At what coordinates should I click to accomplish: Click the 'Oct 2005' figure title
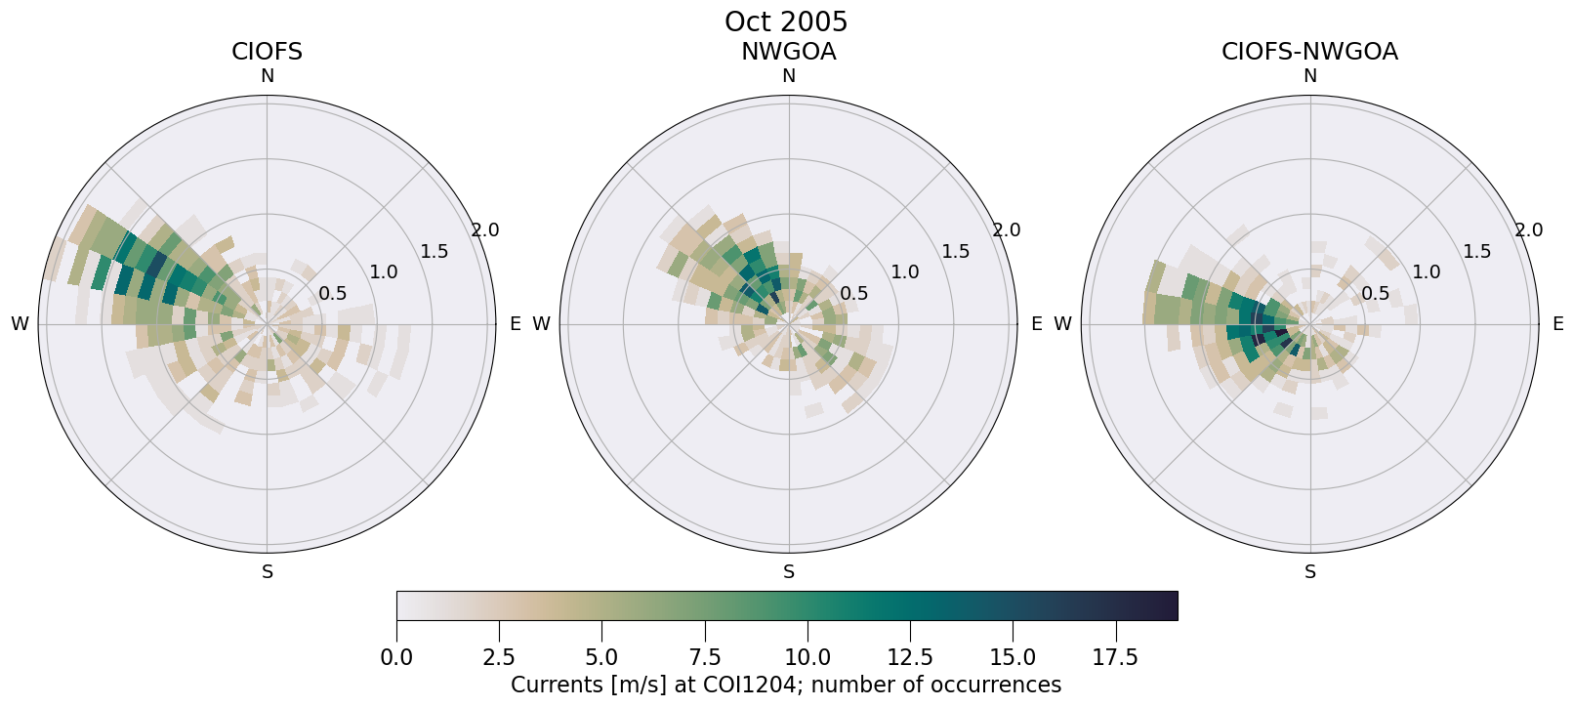[786, 21]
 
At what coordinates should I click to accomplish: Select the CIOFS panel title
[267, 52]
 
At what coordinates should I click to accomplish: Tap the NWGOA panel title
[788, 52]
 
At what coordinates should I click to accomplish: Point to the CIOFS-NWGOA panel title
[1309, 52]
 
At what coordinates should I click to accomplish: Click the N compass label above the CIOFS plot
[267, 76]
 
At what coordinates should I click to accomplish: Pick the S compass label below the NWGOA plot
[788, 572]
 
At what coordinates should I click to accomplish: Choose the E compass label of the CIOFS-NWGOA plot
[1558, 324]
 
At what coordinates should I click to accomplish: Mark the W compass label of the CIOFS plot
[20, 324]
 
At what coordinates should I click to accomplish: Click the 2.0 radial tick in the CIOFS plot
[484, 230]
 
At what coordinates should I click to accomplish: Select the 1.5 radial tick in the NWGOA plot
[955, 252]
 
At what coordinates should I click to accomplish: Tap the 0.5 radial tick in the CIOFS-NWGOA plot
[1375, 294]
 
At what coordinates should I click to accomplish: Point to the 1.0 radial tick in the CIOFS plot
[383, 272]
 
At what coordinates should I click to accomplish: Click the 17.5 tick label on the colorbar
[1115, 658]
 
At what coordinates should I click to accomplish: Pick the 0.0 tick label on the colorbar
[396, 658]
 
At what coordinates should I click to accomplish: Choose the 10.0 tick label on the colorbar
[807, 658]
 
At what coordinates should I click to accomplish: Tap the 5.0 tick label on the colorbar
[601, 658]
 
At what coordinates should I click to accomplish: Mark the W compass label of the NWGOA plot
[541, 324]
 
